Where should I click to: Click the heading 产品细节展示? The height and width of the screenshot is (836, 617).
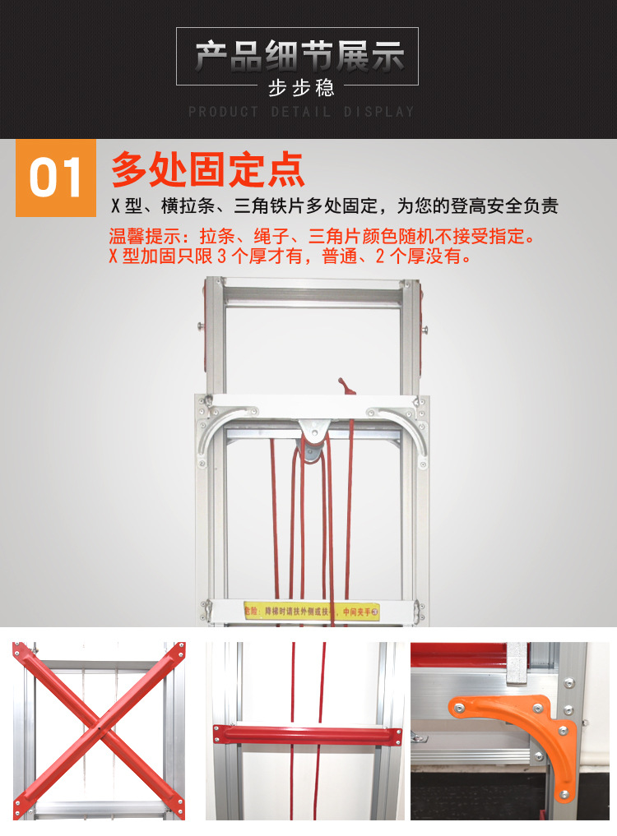tap(299, 58)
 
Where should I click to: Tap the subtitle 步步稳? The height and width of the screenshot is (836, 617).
tap(301, 87)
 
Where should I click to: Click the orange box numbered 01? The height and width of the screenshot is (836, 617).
tap(56, 178)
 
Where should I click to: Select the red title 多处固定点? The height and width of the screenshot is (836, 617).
tap(208, 169)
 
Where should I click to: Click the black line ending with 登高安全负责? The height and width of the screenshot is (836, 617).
tap(334, 206)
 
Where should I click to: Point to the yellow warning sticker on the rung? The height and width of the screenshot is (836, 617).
tap(312, 612)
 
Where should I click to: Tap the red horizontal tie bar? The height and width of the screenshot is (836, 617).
tap(306, 733)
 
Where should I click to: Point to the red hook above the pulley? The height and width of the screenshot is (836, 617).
tap(343, 386)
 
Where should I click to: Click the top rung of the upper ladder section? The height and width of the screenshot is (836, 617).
tap(312, 293)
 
